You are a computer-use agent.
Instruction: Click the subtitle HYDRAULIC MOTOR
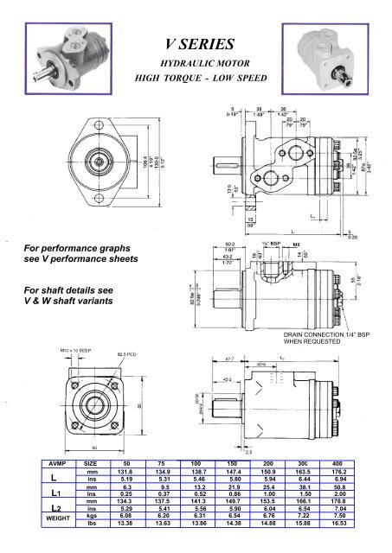click(x=196, y=64)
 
